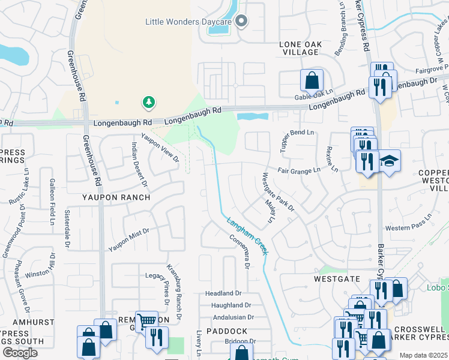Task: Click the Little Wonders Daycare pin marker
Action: click(x=241, y=22)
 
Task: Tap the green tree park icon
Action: click(x=148, y=103)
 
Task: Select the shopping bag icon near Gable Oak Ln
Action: click(x=312, y=79)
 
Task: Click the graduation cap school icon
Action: click(x=390, y=160)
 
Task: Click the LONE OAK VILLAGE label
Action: click(x=301, y=49)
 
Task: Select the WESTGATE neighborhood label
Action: click(x=337, y=279)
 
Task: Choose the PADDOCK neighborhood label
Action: click(x=227, y=331)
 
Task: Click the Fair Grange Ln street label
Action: click(x=299, y=171)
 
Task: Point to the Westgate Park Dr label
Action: click(x=279, y=192)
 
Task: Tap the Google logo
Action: click(x=20, y=353)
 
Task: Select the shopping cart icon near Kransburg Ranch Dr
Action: click(x=146, y=322)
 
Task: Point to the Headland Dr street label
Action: click(x=223, y=293)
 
